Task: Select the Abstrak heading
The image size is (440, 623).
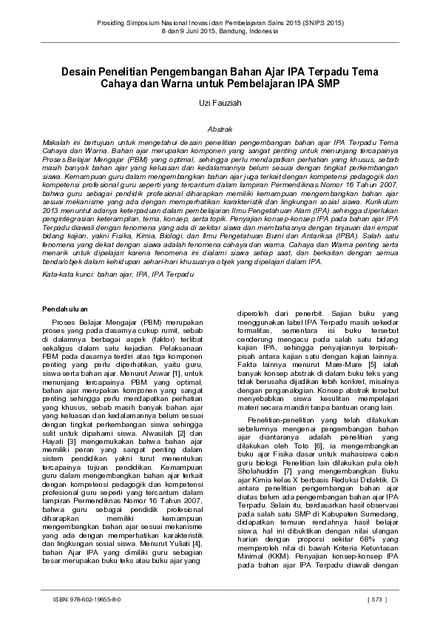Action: click(220, 127)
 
